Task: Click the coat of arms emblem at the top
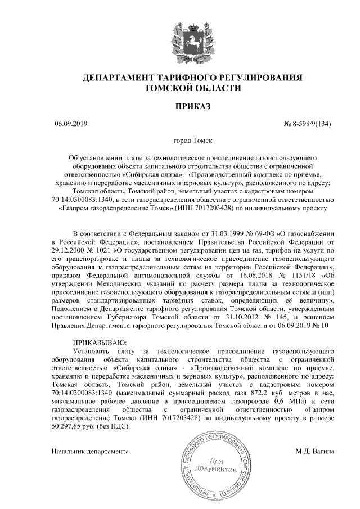(179, 38)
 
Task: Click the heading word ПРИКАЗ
(179, 107)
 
